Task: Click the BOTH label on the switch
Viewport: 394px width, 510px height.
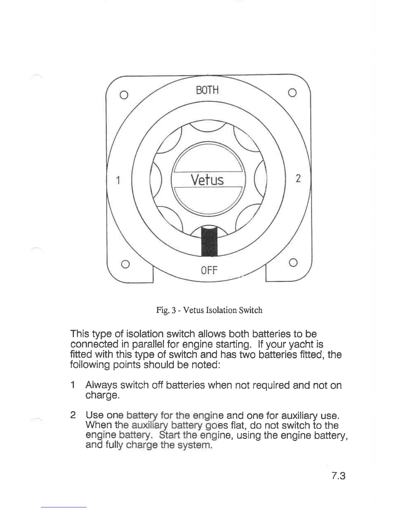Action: [207, 90]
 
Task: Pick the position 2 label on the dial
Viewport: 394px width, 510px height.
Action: [298, 178]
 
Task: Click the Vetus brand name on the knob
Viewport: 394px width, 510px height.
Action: [207, 180]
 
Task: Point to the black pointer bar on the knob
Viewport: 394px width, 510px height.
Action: [209, 241]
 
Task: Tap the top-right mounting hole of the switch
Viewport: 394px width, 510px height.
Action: [292, 93]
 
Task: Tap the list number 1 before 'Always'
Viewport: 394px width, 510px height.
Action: [73, 385]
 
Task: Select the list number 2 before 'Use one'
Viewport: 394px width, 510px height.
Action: [73, 415]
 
